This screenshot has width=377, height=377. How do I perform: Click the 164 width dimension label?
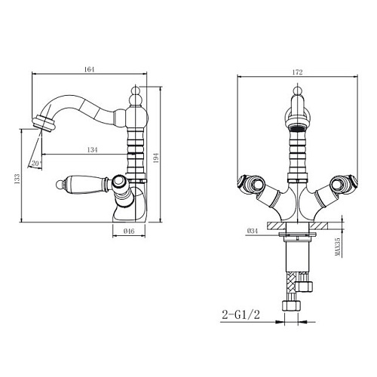click(x=89, y=69)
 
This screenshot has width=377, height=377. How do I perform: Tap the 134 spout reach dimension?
click(x=92, y=150)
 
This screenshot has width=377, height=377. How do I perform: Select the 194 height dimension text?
click(x=156, y=158)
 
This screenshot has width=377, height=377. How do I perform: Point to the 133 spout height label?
click(x=17, y=179)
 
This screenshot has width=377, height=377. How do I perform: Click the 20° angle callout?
click(x=36, y=164)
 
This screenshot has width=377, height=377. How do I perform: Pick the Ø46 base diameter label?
click(x=129, y=231)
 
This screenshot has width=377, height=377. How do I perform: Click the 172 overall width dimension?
click(x=297, y=72)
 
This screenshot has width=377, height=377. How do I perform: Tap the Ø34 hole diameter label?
click(x=253, y=231)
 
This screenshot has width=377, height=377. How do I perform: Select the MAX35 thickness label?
click(x=338, y=247)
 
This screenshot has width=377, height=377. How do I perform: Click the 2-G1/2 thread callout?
click(x=241, y=314)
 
